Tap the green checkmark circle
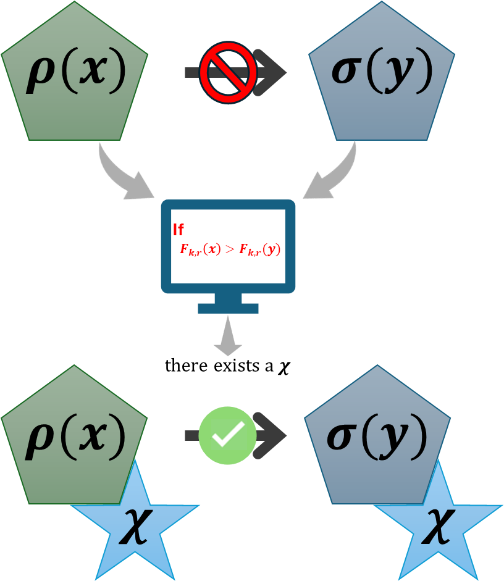click(x=227, y=435)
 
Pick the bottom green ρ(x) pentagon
click(x=74, y=469)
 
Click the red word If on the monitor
click(x=178, y=230)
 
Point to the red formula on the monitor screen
click(x=230, y=249)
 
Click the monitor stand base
click(x=228, y=307)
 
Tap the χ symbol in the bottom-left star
click(x=135, y=526)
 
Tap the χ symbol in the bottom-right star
click(x=438, y=526)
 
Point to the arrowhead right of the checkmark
click(x=272, y=435)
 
